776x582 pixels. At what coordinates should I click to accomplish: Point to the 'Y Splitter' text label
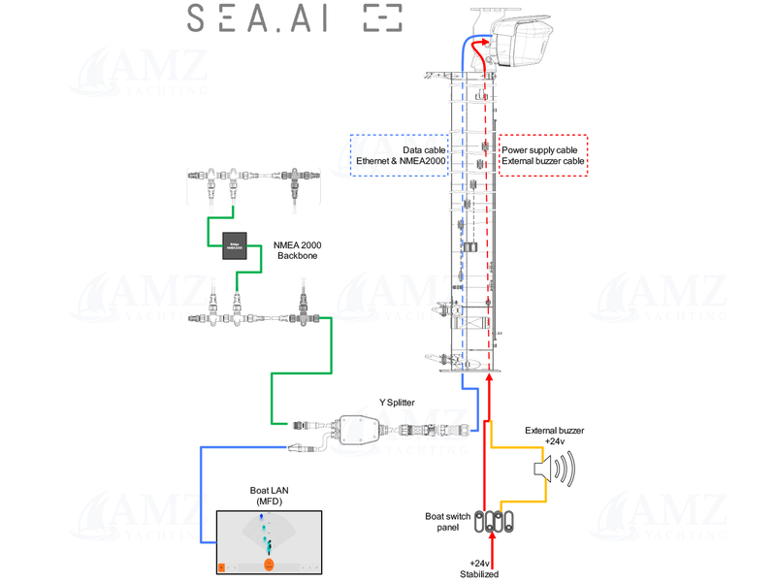coord(398,402)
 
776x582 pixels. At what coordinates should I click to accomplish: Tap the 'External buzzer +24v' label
coord(555,436)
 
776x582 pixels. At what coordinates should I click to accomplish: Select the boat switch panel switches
coord(498,523)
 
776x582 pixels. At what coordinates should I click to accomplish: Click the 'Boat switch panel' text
coord(448,523)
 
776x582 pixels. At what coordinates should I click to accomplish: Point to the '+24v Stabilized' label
coord(479,568)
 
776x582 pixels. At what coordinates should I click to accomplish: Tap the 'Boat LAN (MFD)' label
coord(269,497)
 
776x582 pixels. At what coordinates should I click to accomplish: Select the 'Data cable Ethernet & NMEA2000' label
coord(412,155)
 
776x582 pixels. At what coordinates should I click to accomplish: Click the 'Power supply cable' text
coord(539,149)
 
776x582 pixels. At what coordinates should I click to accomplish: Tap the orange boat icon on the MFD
coord(269,564)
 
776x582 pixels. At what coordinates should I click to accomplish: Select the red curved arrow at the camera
coord(477,48)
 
